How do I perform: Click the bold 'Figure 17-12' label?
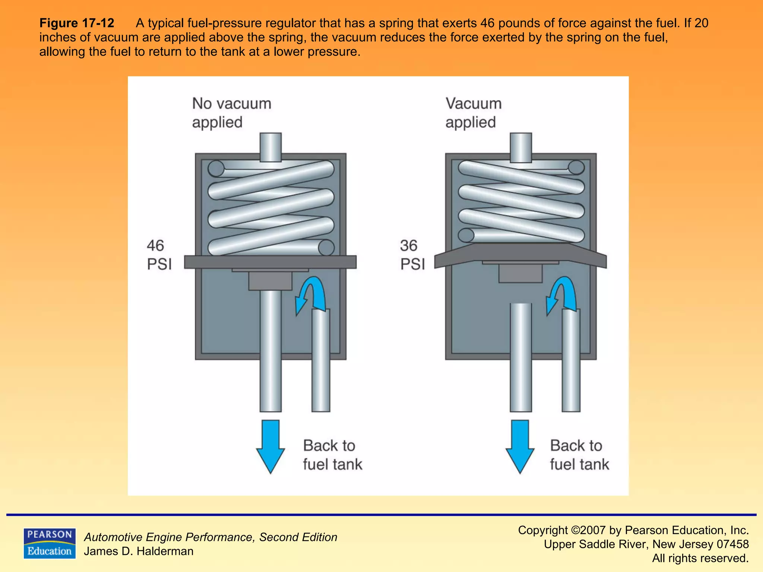pos(77,23)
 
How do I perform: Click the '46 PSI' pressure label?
pos(159,255)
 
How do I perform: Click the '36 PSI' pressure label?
pos(412,255)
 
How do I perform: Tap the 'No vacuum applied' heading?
pos(231,113)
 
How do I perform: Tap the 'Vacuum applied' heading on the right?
pos(473,113)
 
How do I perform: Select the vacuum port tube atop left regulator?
pos(270,147)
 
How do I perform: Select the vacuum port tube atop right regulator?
pos(520,147)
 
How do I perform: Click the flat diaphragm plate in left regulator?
pos(270,262)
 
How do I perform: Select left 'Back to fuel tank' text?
pos(332,455)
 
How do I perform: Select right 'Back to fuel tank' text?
pos(579,455)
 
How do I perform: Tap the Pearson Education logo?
pos(50,543)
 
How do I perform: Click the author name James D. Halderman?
pos(139,551)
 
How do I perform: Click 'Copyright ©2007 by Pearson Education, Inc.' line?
pos(633,530)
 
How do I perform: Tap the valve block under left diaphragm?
pos(270,281)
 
